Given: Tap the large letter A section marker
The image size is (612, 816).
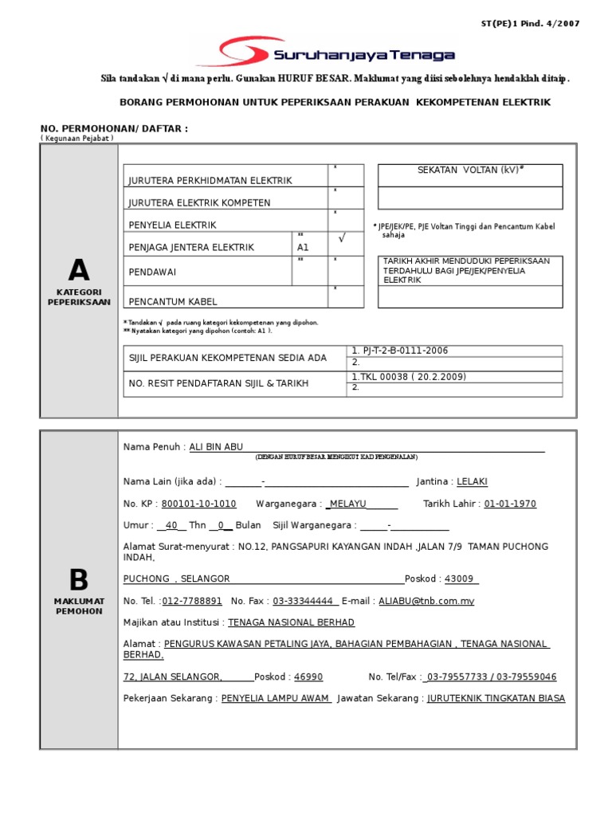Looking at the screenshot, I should click(78, 272).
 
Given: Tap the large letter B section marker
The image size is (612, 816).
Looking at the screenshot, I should click(78, 580).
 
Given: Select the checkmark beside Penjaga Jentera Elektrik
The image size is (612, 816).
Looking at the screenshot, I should click(341, 238).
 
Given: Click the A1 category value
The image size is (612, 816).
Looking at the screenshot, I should click(303, 248).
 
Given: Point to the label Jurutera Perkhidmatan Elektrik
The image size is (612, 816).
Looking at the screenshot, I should click(210, 181).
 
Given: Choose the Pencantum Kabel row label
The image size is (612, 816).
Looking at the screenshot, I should click(173, 302).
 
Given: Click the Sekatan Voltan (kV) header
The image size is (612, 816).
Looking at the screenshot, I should click(470, 171).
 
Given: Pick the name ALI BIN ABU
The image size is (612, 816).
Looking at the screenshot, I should click(216, 447).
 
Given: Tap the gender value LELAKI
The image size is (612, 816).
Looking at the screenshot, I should click(473, 482).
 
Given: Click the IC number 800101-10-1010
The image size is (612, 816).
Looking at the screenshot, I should click(198, 504).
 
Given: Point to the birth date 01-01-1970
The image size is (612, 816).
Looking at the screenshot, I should click(510, 504).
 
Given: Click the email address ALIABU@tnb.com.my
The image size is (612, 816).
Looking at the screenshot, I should click(426, 602).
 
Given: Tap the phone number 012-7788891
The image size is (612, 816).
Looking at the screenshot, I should click(192, 602).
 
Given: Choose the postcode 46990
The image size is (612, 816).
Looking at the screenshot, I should click(308, 677).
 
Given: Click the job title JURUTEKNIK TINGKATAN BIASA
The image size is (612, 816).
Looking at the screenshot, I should click(496, 699).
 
